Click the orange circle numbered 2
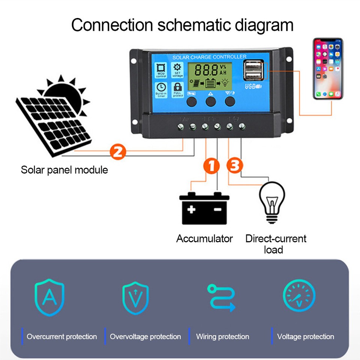117,151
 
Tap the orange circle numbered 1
211,166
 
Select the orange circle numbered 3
235,165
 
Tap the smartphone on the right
328,69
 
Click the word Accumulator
204,238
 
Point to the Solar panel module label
64,170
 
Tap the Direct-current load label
276,244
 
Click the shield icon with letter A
49,297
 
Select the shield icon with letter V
135,298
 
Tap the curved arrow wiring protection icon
221,298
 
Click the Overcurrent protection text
61,336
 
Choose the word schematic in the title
195,25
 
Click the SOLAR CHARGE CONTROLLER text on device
209,57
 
